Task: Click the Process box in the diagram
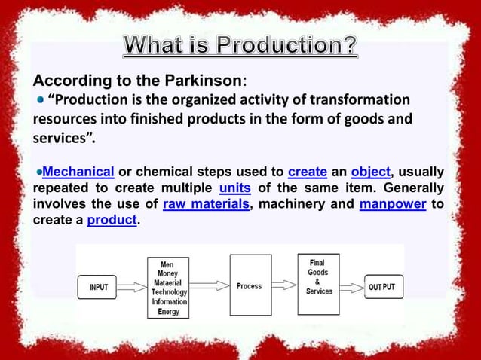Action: pos(250,286)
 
